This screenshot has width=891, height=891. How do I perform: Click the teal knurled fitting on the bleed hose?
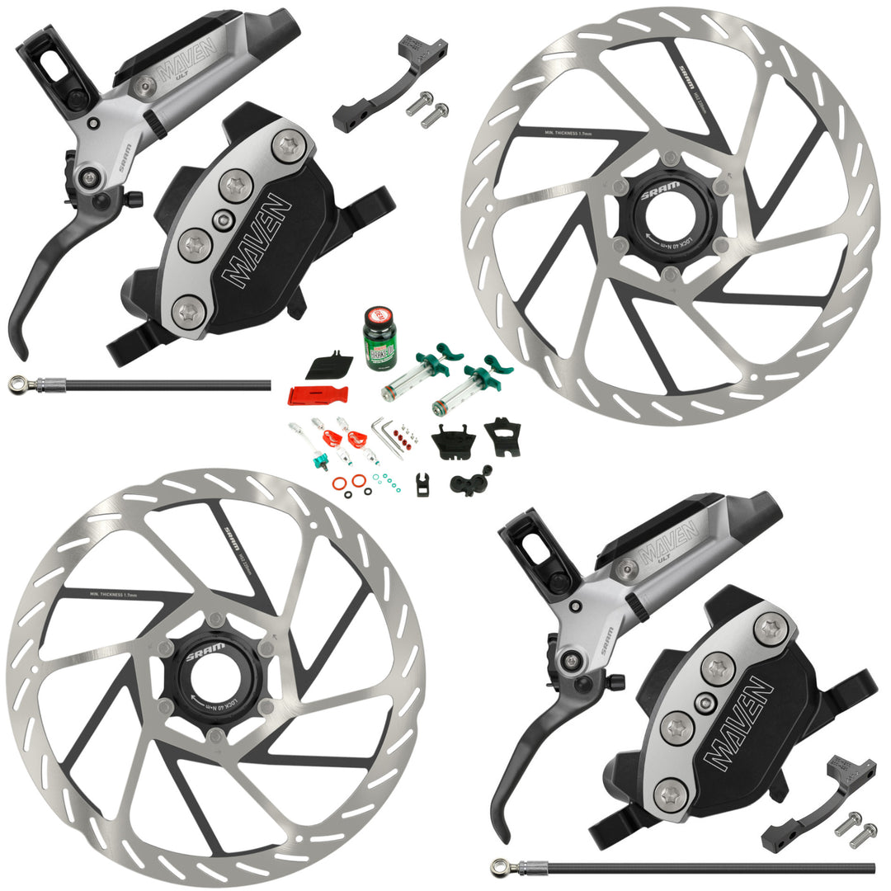point(324,456)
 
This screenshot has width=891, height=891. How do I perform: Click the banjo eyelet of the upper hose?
point(17,384)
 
